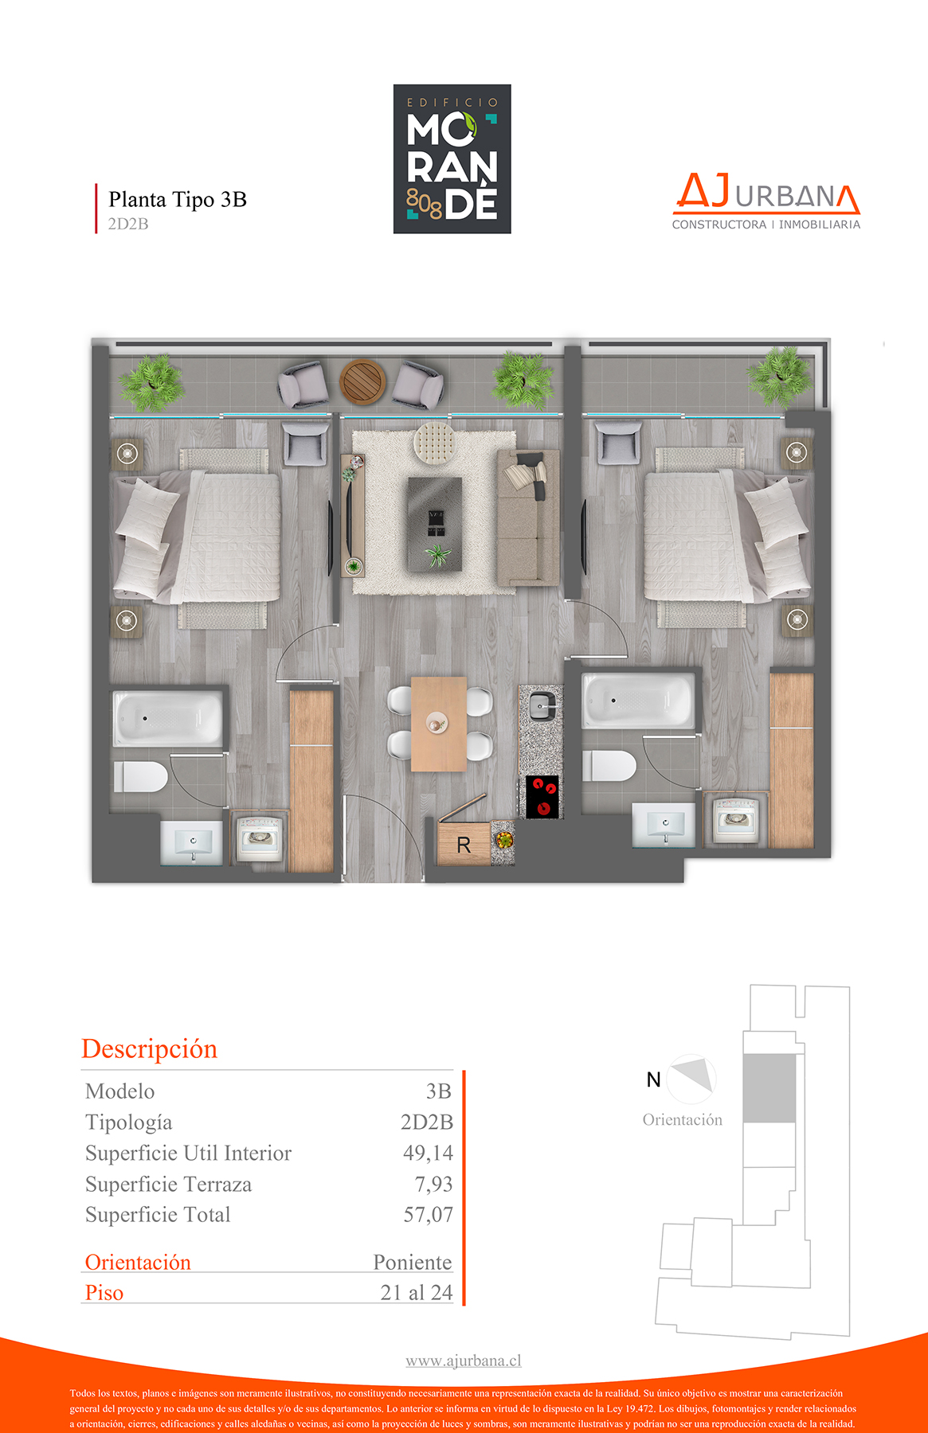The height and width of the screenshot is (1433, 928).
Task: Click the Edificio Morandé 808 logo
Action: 452,159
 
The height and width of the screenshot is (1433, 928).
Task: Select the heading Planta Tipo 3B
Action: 178,199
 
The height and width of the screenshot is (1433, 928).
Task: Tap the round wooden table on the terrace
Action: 362,381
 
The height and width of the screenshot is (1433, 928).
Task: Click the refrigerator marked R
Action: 464,844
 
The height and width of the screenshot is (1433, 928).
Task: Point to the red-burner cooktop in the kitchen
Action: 543,797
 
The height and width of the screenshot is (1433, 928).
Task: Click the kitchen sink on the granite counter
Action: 542,705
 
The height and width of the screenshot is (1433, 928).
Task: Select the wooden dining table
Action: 439,724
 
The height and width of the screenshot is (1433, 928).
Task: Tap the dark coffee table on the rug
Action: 435,524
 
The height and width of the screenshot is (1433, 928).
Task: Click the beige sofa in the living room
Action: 527,517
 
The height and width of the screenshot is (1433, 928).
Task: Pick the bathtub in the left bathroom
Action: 167,718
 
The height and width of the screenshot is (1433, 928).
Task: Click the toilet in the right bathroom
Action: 609,766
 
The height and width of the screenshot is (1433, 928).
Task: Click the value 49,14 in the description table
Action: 428,1153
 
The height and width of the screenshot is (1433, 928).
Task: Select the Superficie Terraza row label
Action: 168,1185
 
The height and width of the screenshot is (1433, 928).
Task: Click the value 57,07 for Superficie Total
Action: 428,1215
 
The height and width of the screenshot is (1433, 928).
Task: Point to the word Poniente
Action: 413,1263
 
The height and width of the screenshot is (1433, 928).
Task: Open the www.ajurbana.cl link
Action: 464,1361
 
